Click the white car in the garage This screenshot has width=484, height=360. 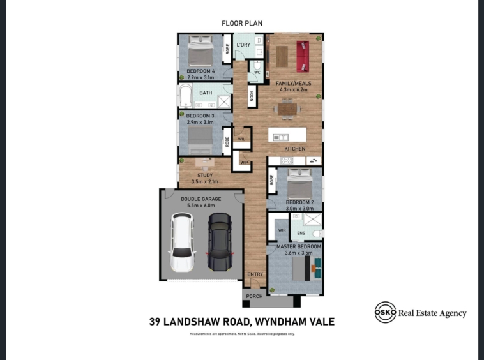pyautogui.click(x=182, y=242)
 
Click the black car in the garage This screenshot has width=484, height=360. pyautogui.click(x=220, y=242)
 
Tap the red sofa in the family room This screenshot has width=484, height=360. pyautogui.click(x=303, y=56)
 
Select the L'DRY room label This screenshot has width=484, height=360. pyautogui.click(x=243, y=45)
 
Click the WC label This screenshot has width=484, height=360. pyautogui.click(x=257, y=73)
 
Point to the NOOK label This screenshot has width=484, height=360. pyautogui.click(x=252, y=96)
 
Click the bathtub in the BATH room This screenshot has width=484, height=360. pyautogui.click(x=186, y=95)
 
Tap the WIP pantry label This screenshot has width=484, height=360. pyautogui.click(x=244, y=163)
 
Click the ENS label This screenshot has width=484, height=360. pyautogui.click(x=301, y=233)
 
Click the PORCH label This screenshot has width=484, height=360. pyautogui.click(x=254, y=296)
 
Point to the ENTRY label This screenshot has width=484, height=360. pyautogui.click(x=255, y=274)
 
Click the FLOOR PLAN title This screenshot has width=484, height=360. pyautogui.click(x=242, y=23)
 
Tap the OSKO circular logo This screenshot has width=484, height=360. pyautogui.click(x=385, y=312)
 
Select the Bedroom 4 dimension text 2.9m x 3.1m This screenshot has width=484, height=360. pyautogui.click(x=200, y=77)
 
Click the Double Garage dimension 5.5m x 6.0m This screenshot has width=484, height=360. pyautogui.click(x=201, y=205)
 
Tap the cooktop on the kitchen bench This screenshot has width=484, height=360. pyautogui.click(x=286, y=161)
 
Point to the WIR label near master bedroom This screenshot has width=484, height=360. pyautogui.click(x=282, y=230)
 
